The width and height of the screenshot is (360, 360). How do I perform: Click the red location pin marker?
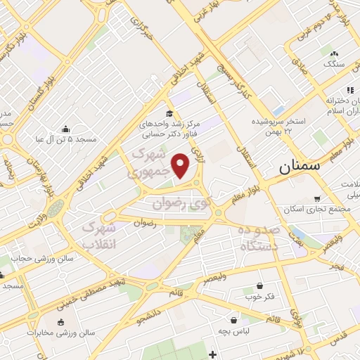181,166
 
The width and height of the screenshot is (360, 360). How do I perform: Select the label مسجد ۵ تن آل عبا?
66,139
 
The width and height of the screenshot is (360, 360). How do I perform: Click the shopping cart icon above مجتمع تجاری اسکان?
318,199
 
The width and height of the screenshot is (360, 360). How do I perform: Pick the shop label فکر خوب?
260,297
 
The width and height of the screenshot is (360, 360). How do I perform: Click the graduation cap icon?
168,113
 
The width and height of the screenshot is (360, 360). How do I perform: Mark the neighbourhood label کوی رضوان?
181,203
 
